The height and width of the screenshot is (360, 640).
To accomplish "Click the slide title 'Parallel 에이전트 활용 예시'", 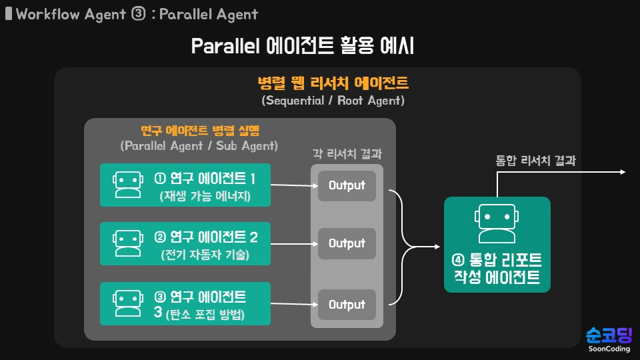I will pyautogui.click(x=303, y=46).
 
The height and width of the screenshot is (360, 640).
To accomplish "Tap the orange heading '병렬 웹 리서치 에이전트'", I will pyautogui.click(x=333, y=83).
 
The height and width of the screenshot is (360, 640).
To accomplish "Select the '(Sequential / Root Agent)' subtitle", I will pyautogui.click(x=333, y=101).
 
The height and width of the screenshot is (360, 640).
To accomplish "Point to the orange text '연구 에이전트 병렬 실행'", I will pyautogui.click(x=199, y=129).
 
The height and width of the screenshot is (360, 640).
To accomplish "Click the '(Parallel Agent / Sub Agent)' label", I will pyautogui.click(x=199, y=145).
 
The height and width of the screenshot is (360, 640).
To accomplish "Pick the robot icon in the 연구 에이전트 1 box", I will pyautogui.click(x=127, y=185).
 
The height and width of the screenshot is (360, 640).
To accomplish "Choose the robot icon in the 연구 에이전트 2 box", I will pyautogui.click(x=127, y=243).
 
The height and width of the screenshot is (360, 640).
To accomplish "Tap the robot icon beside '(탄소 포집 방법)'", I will pyautogui.click(x=127, y=303).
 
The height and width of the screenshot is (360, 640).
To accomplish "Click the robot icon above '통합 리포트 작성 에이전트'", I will pyautogui.click(x=497, y=224).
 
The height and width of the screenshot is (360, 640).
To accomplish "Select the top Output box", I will pyautogui.click(x=347, y=185).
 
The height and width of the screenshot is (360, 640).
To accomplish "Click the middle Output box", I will pyautogui.click(x=347, y=243).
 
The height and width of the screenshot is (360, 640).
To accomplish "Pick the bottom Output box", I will pyautogui.click(x=347, y=305).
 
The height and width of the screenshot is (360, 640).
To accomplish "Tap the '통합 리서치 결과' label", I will pyautogui.click(x=535, y=160).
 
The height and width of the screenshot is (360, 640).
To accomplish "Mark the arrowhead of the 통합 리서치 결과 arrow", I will pyautogui.click(x=623, y=173).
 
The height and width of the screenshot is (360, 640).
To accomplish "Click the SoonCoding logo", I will pyautogui.click(x=608, y=339).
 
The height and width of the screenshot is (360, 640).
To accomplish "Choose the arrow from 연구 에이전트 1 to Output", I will pyautogui.click(x=293, y=185).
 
